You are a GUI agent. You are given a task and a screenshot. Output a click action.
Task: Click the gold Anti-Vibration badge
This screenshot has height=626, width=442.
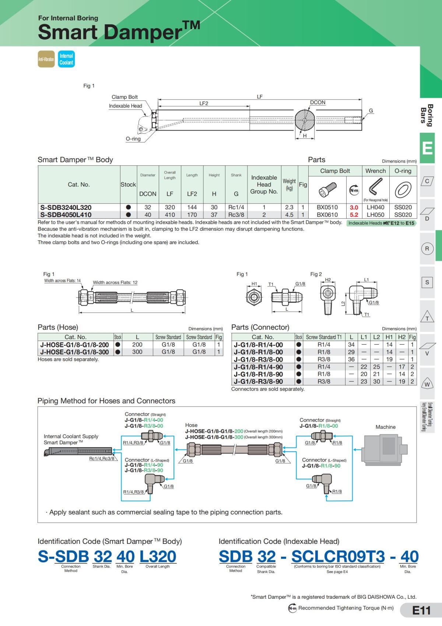click(x=46, y=59)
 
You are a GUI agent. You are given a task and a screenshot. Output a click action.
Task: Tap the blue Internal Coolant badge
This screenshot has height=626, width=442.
click(x=66, y=59)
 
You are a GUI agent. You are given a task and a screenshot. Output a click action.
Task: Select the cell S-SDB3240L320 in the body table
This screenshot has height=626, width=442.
click(x=66, y=207)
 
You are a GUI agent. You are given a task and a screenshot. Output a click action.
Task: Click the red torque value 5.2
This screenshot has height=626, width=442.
click(x=354, y=215)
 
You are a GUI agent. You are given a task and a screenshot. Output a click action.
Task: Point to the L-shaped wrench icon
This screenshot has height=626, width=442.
click(x=375, y=187)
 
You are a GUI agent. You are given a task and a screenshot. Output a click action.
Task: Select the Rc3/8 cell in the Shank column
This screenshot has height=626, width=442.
click(x=236, y=215)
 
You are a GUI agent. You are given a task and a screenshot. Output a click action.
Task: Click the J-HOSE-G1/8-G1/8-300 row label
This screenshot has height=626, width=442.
click(x=75, y=352)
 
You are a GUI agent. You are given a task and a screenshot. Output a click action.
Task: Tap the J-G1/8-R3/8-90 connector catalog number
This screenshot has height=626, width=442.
click(x=259, y=382)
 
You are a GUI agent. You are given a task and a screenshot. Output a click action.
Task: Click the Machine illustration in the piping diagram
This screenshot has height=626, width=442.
click(x=385, y=449)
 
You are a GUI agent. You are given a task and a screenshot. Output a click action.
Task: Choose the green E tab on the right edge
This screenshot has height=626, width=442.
click(x=427, y=148)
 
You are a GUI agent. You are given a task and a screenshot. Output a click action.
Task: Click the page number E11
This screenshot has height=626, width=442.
click(x=421, y=611)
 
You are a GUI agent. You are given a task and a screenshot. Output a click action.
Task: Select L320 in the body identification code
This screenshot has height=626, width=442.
click(x=158, y=556)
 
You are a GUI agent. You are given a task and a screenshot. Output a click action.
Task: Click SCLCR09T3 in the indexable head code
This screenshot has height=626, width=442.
click(x=338, y=556)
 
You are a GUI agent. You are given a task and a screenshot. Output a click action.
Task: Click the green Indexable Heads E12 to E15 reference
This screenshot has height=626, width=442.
click(x=381, y=223)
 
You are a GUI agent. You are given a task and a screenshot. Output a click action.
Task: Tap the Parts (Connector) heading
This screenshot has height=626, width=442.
click(x=260, y=327)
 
